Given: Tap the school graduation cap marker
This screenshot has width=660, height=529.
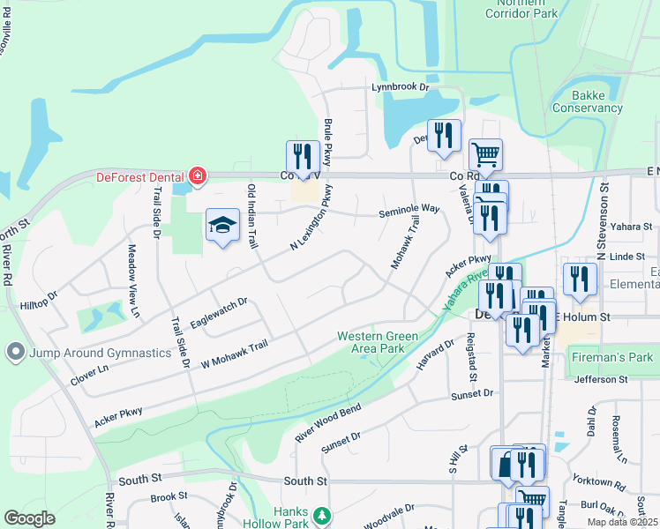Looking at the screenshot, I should point(222,226).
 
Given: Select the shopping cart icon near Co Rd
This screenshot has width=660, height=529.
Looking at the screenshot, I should point(485,155).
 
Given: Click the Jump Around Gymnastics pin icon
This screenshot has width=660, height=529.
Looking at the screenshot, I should point(14,353).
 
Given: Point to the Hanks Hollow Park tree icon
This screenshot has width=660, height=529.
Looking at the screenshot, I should point(324,515).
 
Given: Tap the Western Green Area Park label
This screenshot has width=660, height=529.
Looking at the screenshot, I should point(370,342).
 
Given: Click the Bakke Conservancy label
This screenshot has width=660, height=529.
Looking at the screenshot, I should point(587,101).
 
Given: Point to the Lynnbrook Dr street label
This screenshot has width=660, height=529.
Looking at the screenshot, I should point(399,87).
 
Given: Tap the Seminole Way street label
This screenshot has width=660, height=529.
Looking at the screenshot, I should point(409,209).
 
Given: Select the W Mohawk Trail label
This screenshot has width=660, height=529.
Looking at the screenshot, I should point(234,355).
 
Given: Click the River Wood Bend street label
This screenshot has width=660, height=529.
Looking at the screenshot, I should point(328,422).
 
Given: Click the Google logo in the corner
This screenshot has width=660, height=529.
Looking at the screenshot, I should point(29,518).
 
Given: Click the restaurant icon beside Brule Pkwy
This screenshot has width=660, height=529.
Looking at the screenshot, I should point(303,156).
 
